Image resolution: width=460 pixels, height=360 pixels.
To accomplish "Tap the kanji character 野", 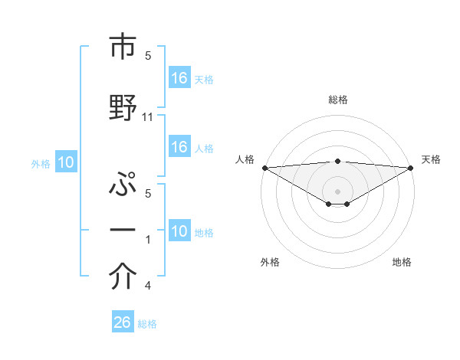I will (123, 106).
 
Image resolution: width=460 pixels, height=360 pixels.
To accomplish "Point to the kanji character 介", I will (123, 278).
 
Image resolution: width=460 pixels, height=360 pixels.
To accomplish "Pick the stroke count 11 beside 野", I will (149, 117).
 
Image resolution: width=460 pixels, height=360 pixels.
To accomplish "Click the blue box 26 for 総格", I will (123, 322).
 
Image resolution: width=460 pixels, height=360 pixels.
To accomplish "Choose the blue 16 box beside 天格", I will (179, 78).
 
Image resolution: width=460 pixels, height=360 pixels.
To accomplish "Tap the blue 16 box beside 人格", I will (179, 148).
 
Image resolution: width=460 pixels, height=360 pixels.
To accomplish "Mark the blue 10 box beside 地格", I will (179, 231).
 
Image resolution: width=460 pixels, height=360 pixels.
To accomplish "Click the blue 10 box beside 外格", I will (65, 162).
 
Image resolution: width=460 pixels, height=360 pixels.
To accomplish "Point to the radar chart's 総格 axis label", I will (337, 100).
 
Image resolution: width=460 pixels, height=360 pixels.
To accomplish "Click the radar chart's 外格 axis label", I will (269, 263).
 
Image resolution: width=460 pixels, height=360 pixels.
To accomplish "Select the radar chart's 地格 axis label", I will (402, 263).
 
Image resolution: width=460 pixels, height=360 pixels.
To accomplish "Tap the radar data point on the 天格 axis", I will (410, 168).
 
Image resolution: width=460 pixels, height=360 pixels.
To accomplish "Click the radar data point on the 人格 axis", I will (264, 168).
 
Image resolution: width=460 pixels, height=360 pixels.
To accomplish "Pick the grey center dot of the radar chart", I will (337, 191).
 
